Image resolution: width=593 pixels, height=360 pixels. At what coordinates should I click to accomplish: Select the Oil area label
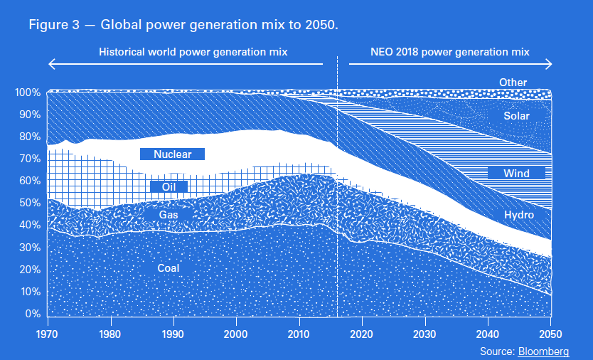tap(169, 187)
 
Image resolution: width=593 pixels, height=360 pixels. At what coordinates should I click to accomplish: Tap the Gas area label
tap(169, 214)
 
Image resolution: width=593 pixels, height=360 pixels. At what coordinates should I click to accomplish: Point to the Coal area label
tap(169, 268)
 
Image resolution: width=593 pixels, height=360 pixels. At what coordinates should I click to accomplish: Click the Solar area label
tap(517, 116)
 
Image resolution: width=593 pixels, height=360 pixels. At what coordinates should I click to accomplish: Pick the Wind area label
tap(516, 173)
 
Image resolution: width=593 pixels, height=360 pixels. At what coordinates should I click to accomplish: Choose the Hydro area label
tap(518, 215)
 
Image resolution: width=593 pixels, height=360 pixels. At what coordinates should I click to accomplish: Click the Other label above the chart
tap(513, 83)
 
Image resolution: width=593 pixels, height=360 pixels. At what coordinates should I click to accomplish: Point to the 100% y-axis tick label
tap(28, 93)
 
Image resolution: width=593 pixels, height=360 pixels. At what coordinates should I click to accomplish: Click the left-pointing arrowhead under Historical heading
tap(50, 64)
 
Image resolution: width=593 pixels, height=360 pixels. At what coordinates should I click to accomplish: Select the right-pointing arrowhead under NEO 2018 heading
tap(548, 64)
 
